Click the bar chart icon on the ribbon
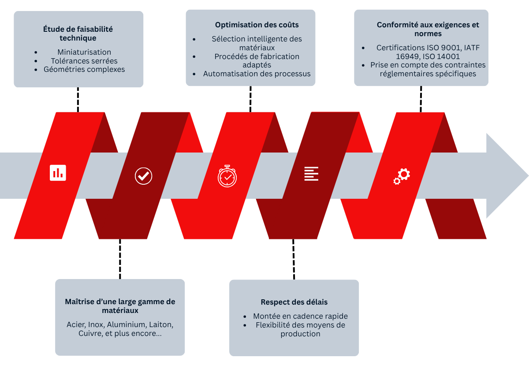click(x=58, y=173)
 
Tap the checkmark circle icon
click(x=143, y=175)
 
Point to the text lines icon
click(x=311, y=173)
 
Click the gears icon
click(x=402, y=176)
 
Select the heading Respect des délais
click(x=294, y=302)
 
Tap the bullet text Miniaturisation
click(x=84, y=52)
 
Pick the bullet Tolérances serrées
click(x=81, y=61)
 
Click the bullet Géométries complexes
click(x=84, y=69)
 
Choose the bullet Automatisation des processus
click(x=257, y=74)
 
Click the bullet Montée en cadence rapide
click(x=300, y=316)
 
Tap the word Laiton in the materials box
click(x=160, y=324)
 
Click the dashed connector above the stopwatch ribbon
click(x=250, y=99)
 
